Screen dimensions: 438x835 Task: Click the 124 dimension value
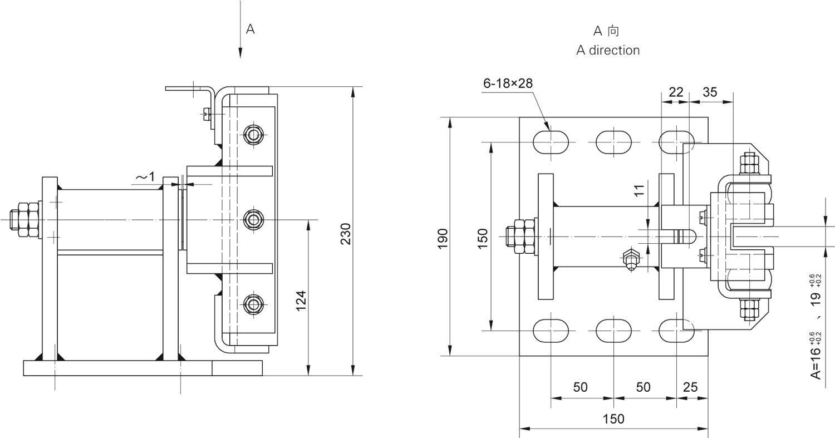[x=301, y=301]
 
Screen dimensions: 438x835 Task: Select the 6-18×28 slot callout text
[x=508, y=83]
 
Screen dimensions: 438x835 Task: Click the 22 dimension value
[x=675, y=92]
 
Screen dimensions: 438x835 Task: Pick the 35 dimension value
[x=710, y=92]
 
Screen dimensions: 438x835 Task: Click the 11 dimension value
[x=640, y=190]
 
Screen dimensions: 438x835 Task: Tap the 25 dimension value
[x=690, y=387]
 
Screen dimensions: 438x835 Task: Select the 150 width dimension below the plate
[x=613, y=419]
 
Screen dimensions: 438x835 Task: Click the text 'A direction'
[x=608, y=50]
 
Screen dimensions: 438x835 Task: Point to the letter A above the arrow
[x=250, y=29]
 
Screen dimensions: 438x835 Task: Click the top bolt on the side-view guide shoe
[x=254, y=135]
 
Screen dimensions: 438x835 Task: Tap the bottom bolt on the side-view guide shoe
[x=254, y=304]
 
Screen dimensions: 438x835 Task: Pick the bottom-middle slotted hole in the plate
[x=613, y=331]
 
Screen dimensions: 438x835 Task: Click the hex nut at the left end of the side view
[x=24, y=220]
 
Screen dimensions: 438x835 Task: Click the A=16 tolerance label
[x=815, y=356]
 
